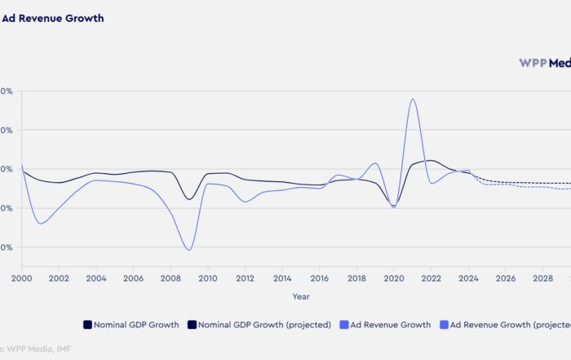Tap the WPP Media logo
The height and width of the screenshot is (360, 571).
pyautogui.click(x=544, y=62)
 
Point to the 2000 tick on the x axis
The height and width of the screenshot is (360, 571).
pyautogui.click(x=21, y=278)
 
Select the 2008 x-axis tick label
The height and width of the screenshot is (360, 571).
pyautogui.click(x=170, y=278)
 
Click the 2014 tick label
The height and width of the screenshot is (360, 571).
pyautogui.click(x=282, y=278)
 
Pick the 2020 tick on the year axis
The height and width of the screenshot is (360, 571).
pyautogui.click(x=394, y=278)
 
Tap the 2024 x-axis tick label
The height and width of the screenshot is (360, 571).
pyautogui.click(x=469, y=278)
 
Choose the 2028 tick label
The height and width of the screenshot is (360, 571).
pyautogui.click(x=543, y=278)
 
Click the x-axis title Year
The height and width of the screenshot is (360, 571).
pyautogui.click(x=301, y=296)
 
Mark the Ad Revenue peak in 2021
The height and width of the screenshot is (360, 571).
pyautogui.click(x=413, y=100)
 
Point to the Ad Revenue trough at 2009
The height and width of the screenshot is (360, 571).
pyautogui.click(x=189, y=250)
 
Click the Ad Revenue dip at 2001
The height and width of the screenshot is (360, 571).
pyautogui.click(x=40, y=223)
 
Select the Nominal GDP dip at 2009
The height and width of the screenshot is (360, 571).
pyautogui.click(x=189, y=199)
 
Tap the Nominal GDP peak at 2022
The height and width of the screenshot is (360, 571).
pyautogui.click(x=431, y=161)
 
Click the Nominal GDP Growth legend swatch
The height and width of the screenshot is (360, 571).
pyautogui.click(x=87, y=325)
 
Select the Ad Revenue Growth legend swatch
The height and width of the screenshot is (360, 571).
pyautogui.click(x=344, y=325)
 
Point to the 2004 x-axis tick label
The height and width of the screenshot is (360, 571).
pyautogui.click(x=96, y=278)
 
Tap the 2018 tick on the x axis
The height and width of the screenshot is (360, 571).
pyautogui.click(x=356, y=278)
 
